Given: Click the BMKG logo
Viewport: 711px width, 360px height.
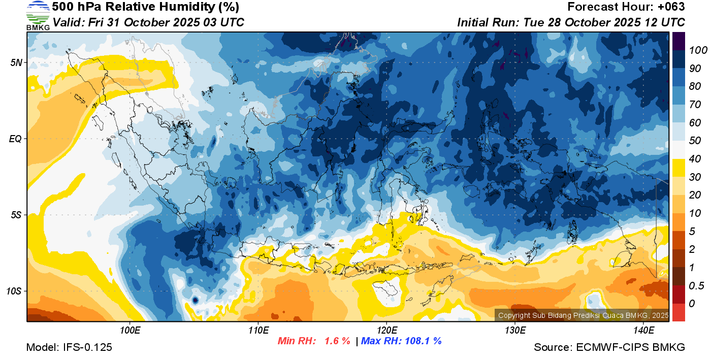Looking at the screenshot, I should (38, 16).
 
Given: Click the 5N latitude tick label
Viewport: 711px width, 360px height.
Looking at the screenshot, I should (16, 62).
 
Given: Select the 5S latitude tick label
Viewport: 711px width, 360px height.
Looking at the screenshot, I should (16, 215).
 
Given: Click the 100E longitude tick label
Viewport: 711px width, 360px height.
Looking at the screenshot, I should (130, 331).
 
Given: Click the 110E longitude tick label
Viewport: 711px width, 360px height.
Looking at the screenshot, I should (258, 331).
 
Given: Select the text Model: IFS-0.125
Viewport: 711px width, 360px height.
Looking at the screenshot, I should (69, 348).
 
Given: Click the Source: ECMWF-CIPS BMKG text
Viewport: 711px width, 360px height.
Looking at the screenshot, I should (609, 348).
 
